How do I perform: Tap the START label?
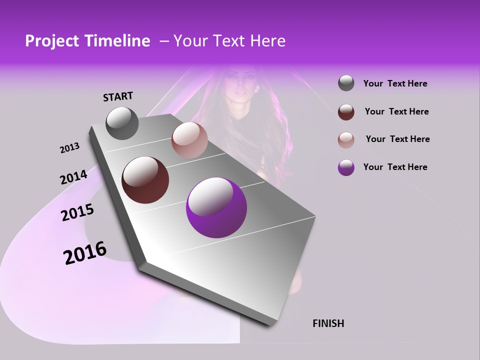coord(118,96)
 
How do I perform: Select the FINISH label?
coord(328,323)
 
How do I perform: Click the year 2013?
coord(69,148)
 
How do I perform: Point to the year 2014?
coord(73,177)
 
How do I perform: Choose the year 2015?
coord(77,212)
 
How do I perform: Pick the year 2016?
coord(85,252)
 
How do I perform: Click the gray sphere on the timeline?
coord(122,123)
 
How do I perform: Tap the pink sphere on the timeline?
coord(189,140)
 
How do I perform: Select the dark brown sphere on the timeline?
coord(145,180)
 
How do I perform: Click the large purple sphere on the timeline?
coord(216,207)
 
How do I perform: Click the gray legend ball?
coord(346,83)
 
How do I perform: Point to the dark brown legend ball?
coord(346,111)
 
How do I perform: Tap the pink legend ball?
coord(346,139)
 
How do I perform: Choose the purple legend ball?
coord(346,167)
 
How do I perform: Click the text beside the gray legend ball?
coord(395,84)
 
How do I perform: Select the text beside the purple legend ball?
coord(395,167)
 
